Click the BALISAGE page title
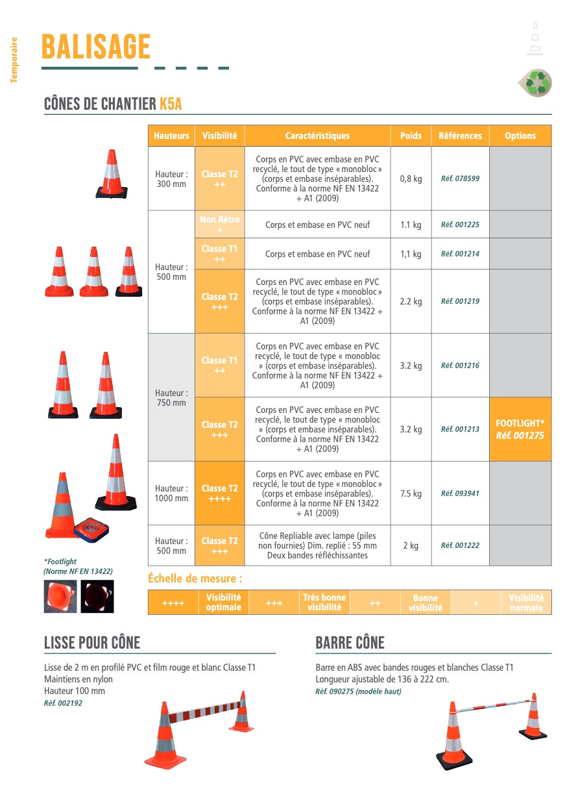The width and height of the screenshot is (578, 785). coord(96,47)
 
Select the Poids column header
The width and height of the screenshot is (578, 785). coord(411,136)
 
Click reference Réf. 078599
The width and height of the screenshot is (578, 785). coord(460,178)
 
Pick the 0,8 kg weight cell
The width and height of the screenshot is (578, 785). coord(411,178)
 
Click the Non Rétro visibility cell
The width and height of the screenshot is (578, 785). coord(219,225)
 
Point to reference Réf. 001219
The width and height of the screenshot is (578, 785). coord(460,301)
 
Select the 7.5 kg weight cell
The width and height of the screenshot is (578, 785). coord(411,493)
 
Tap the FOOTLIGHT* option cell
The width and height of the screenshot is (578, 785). coord(520,429)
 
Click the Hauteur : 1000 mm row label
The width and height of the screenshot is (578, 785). coord(171,493)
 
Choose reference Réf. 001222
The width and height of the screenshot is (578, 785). coord(460,545)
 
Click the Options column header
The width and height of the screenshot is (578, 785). coord(520,136)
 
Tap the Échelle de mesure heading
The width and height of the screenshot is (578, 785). coord(195,579)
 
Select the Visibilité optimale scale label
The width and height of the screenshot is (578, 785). coord(223,602)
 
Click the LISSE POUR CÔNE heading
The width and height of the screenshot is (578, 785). coord(92,643)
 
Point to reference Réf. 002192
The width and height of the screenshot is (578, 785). coord(63,703)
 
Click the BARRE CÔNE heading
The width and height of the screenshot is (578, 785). coord(350,643)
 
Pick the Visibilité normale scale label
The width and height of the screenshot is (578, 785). coord(525,602)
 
